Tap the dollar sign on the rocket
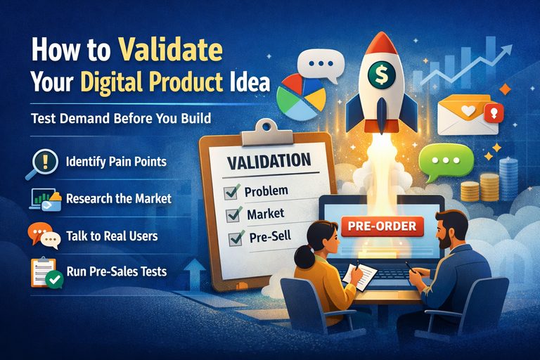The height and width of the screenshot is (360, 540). [x=380, y=73]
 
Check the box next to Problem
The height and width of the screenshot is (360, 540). [x=230, y=191]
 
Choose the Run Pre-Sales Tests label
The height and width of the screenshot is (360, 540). [x=116, y=271]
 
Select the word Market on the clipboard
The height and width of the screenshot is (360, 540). [x=265, y=214]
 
